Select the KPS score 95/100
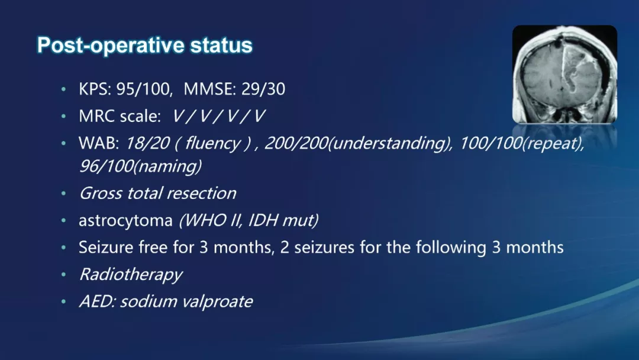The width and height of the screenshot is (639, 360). [143, 89]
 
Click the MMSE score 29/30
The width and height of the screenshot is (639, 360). [263, 89]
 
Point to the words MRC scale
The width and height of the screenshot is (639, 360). [120, 116]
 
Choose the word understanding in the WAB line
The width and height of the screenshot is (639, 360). [391, 144]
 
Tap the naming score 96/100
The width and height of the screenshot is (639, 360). [106, 166]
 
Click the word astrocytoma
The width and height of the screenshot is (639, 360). [125, 221]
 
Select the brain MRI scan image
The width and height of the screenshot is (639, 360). [564, 74]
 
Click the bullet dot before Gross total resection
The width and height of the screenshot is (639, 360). [63, 194]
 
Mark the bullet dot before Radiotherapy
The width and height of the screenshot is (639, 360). [63, 275]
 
